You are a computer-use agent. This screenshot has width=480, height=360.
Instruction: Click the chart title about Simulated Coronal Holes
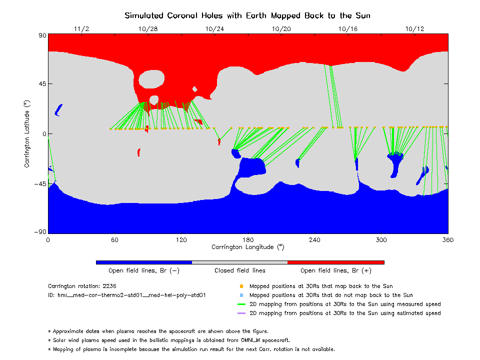pos(247,15)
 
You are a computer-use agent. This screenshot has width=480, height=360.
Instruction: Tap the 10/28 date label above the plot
pos(148,29)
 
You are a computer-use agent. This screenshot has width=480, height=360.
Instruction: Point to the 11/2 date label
pos(81,29)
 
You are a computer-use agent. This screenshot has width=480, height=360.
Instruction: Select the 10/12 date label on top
pos(415,29)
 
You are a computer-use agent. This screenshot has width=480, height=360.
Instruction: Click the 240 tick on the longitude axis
pos(314,240)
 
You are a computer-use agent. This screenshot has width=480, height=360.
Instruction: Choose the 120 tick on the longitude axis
pos(181,240)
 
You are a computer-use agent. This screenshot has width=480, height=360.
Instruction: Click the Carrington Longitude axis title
pos(247,247)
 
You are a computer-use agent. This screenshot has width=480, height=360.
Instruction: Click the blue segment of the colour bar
pos(144,262)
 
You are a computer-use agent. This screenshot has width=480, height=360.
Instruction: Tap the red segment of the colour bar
pos(335,262)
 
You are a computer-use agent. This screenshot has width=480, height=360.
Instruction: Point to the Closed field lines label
pos(240,271)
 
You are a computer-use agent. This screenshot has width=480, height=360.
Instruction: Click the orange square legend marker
pos(241,286)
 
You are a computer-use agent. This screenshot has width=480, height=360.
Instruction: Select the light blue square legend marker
pos(241,295)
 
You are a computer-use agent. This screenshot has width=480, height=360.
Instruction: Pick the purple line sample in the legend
pos(241,313)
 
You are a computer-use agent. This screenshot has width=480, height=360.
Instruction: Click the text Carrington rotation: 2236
pos(81,286)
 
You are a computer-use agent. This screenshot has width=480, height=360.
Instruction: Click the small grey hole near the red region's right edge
pos(194,89)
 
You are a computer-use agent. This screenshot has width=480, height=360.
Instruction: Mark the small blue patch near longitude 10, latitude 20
pos(58,109)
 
